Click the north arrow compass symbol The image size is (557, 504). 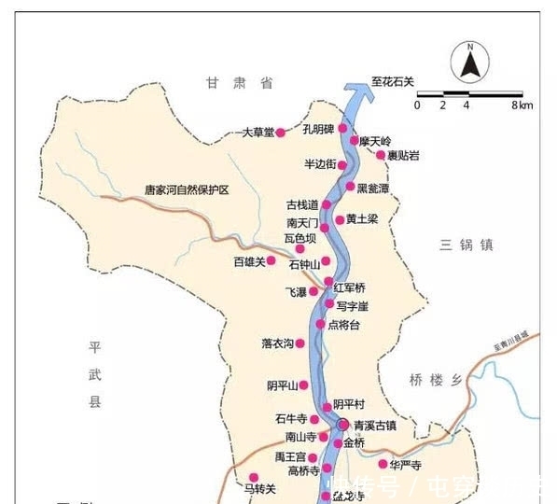(x=470, y=63)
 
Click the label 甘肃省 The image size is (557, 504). (x=240, y=84)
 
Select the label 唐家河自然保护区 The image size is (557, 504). (x=187, y=189)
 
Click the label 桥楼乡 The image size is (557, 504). (x=436, y=380)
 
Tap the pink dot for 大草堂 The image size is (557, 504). (x=280, y=133)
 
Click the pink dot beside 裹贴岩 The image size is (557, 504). (x=381, y=155)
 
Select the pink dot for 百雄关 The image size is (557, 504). (x=272, y=260)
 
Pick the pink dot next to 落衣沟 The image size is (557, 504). (x=301, y=343)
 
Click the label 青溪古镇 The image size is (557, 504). (x=375, y=426)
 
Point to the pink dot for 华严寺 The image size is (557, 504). (x=383, y=464)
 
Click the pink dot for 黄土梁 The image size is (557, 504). (x=340, y=219)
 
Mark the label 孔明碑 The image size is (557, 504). (x=318, y=129)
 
